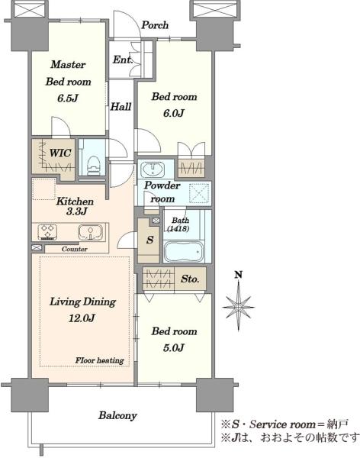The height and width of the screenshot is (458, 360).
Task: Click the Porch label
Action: click(155, 25)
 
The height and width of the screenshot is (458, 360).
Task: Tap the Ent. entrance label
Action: click(123, 60)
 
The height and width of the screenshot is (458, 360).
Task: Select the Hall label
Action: click(121, 107)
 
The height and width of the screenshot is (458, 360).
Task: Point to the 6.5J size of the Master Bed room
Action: click(68, 98)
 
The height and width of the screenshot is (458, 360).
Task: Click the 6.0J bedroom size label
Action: click(174, 113)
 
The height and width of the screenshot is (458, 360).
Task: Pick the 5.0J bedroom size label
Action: click(174, 347)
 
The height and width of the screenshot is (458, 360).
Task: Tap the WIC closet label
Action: click(59, 153)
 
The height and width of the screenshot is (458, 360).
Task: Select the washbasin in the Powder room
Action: click(153, 169)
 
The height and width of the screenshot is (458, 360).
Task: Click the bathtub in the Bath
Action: click(184, 251)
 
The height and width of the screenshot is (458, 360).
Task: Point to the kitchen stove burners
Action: click(47, 231)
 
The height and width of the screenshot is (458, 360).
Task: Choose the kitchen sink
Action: click(91, 232)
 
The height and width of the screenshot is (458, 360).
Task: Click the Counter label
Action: click(75, 249)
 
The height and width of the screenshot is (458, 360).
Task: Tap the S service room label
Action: click(149, 240)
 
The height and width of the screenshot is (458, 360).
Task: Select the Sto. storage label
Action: click(190, 279)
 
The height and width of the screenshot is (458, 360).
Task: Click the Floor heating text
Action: click(100, 360)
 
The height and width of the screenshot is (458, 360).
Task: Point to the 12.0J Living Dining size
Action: click(82, 318)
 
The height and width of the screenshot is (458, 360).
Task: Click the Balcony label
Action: click(117, 415)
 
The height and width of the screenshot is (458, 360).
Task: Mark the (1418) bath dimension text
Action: click(178, 228)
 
